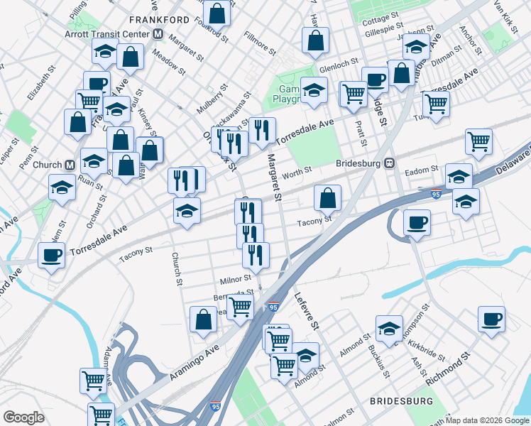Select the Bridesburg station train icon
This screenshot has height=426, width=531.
tap(389, 163)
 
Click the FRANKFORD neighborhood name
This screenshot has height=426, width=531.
tap(160, 19)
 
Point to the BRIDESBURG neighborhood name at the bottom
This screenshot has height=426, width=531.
tap(402, 401)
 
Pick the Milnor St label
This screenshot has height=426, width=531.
tap(236, 279)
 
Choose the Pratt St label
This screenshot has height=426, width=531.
tap(362, 132)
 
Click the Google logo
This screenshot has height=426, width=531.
tap(24, 417)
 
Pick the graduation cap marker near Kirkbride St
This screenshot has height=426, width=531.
tap(389, 328)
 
